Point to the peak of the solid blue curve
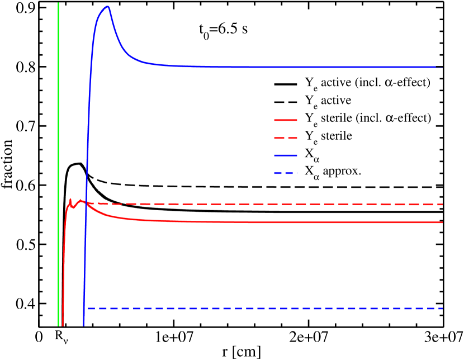(108, 6)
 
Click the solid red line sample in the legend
(285, 120)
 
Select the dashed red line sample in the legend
(285, 138)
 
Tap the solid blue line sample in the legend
(285, 155)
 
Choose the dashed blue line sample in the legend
(285, 173)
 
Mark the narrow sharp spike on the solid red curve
(70, 198)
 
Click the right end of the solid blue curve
(442, 68)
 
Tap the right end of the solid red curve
(442, 222)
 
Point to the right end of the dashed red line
(442, 205)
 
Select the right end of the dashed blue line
(442, 309)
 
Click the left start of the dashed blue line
(88, 309)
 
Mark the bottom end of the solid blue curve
(84, 325)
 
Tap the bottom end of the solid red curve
(63, 325)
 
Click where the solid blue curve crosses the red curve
(86, 202)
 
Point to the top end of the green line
(58, 3)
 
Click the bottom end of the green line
(58, 325)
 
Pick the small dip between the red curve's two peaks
(73, 207)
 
